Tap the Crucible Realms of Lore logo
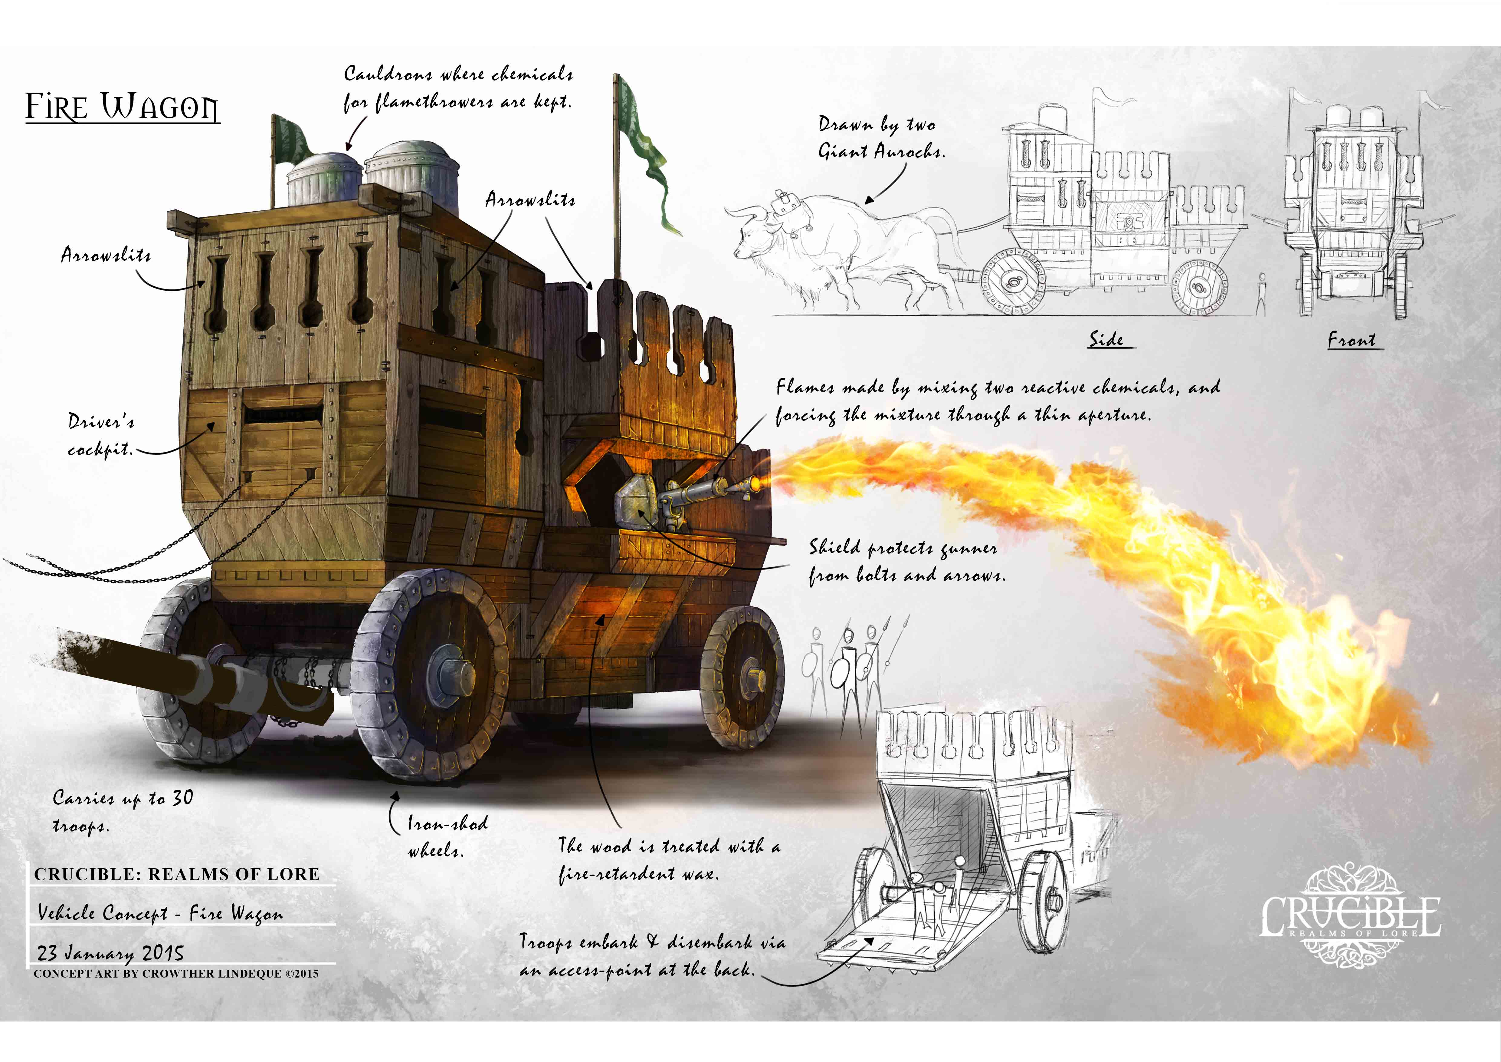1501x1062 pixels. pyautogui.click(x=1351, y=915)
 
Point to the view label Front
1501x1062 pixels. pyautogui.click(x=1351, y=340)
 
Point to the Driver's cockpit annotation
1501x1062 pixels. pyautogui.click(x=101, y=435)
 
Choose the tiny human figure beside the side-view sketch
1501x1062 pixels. pyautogui.click(x=1261, y=294)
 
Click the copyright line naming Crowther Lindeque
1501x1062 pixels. pyautogui.click(x=176, y=974)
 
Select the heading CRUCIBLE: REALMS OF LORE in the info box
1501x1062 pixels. pyautogui.click(x=176, y=874)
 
